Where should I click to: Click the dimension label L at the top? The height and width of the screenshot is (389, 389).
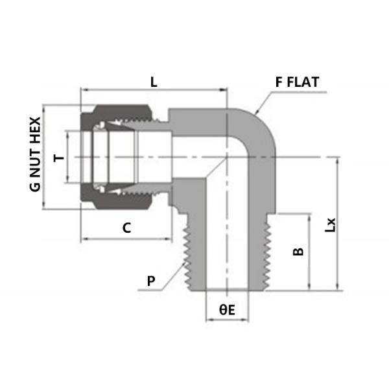tap(154, 82)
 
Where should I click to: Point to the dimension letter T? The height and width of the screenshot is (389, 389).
tap(58, 158)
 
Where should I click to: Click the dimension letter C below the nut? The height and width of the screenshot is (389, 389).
tap(127, 228)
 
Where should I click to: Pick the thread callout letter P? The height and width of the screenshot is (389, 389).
tap(151, 280)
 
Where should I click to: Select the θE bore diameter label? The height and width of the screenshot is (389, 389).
tap(226, 310)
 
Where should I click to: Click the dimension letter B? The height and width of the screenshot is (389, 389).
tap(298, 252)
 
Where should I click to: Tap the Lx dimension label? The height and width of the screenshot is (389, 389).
tap(331, 224)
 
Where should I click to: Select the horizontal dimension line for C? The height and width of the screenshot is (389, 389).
tap(127, 239)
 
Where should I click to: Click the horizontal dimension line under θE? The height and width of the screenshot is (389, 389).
tap(227, 321)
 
